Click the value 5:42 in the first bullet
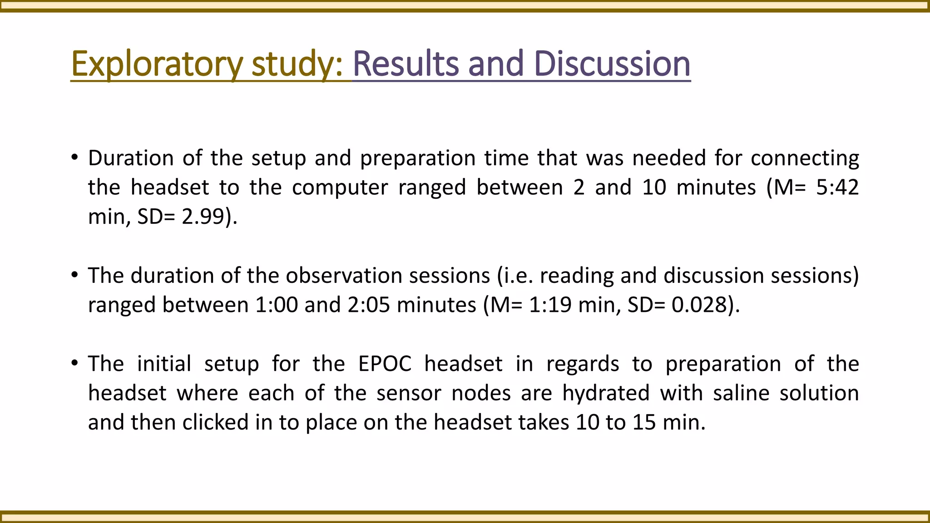coord(837,187)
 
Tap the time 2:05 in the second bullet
coord(369,305)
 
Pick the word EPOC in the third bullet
coord(385,364)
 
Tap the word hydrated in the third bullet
coord(606,393)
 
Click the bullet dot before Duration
coord(74,158)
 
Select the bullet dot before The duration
coord(74,276)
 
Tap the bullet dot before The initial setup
coord(74,364)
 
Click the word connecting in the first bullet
coord(805,158)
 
